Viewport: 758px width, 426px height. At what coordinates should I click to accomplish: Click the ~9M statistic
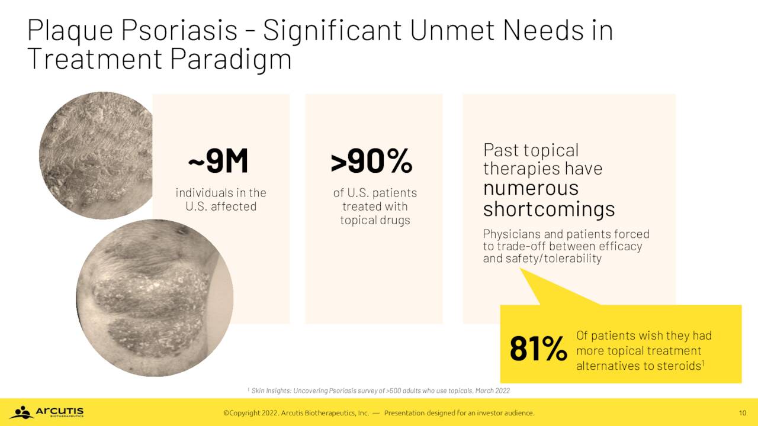[218, 161]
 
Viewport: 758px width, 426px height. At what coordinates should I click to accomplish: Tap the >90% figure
[371, 161]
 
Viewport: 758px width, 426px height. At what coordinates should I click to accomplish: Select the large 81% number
[538, 348]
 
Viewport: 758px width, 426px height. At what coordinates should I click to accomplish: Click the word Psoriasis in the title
[179, 30]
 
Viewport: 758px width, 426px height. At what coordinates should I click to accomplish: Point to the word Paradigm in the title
[230, 59]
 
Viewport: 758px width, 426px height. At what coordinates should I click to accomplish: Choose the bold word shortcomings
[549, 209]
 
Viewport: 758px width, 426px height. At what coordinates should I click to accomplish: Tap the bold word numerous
[531, 188]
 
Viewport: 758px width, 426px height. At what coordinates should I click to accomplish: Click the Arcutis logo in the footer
[47, 412]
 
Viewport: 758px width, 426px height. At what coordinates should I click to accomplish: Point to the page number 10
[742, 413]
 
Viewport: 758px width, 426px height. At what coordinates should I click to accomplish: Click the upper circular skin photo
[97, 156]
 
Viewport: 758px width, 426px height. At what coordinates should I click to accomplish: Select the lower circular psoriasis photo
[155, 298]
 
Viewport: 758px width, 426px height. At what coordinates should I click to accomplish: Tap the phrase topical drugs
[375, 220]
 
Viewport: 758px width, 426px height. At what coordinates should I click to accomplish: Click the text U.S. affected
[221, 206]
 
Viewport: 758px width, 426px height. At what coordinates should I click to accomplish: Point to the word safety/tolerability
[554, 259]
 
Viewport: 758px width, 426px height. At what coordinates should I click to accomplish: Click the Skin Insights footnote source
[378, 391]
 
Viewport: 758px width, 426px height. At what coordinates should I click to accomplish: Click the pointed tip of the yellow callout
[521, 269]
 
